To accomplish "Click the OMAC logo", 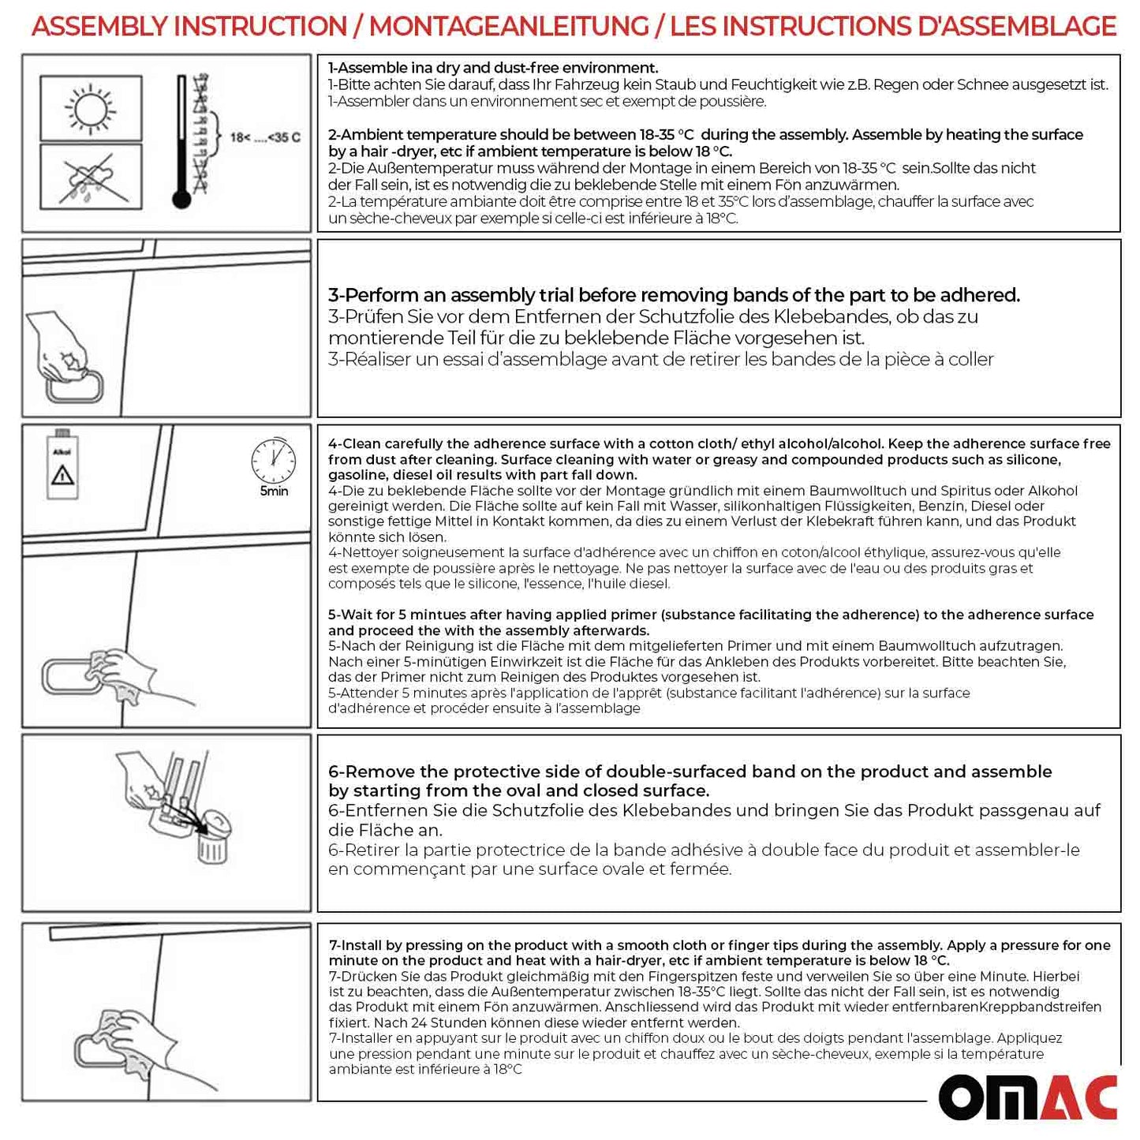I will pyautogui.click(x=1027, y=1097).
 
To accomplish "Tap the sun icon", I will pyautogui.click(x=90, y=107).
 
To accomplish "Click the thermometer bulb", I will pyautogui.click(x=181, y=199).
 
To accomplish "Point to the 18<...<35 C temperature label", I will pyautogui.click(x=264, y=138).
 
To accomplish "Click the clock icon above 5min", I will pyautogui.click(x=273, y=460).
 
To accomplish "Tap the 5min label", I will pyautogui.click(x=274, y=492).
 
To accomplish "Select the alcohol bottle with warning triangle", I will pyautogui.click(x=62, y=466).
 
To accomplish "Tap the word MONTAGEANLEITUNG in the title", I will pyautogui.click(x=509, y=27).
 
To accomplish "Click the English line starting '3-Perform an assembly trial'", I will pyautogui.click(x=674, y=295).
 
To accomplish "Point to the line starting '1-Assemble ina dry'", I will pyautogui.click(x=493, y=68).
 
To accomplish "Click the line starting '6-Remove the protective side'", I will pyautogui.click(x=690, y=772).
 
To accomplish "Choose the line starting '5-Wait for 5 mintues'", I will pyautogui.click(x=710, y=615).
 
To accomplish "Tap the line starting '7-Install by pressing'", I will pyautogui.click(x=719, y=945).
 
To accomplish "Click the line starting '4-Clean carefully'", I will pyautogui.click(x=719, y=444).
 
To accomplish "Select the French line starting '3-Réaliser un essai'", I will pyautogui.click(x=660, y=360).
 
